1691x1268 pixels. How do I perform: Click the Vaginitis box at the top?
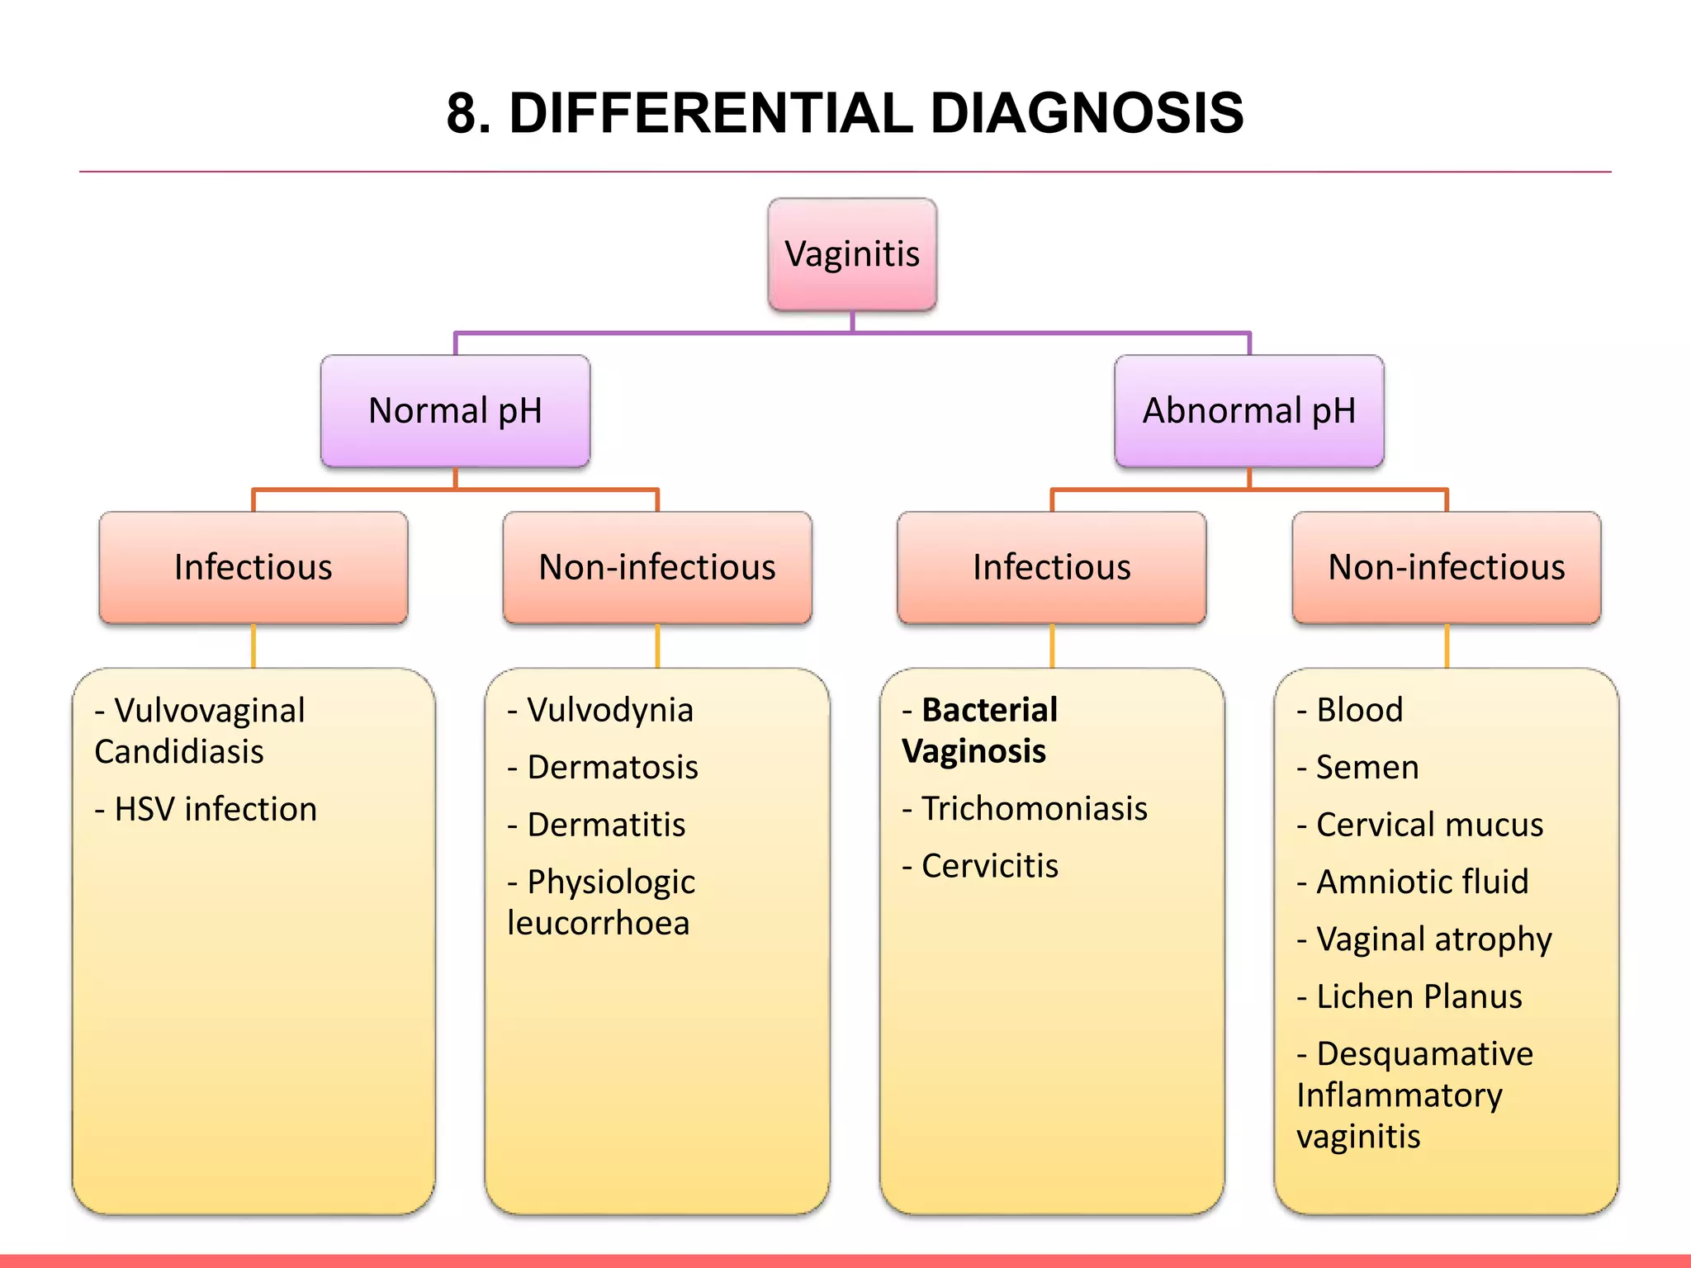tap(852, 254)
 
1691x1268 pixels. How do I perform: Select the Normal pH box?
tap(455, 411)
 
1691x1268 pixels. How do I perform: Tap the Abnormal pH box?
tap(1248, 411)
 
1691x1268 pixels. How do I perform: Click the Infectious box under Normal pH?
tap(253, 568)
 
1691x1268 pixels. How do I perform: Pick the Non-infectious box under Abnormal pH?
tap(1446, 568)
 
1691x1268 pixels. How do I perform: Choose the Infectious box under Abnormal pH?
tap(1051, 568)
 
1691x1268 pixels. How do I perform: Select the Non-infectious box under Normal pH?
tap(657, 568)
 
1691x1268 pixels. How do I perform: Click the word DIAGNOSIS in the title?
tap(1087, 113)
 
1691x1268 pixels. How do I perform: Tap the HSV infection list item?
tap(215, 810)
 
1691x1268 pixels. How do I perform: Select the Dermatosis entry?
tap(612, 768)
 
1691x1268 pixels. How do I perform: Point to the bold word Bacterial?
tap(989, 711)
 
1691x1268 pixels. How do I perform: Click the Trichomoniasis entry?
tap(1034, 809)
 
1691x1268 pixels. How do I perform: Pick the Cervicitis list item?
tap(989, 867)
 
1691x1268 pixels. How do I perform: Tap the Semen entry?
tap(1367, 768)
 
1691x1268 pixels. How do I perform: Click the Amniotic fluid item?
tap(1422, 882)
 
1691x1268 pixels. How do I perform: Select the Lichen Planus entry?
tap(1419, 997)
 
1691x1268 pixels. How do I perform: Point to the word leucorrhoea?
tap(599, 924)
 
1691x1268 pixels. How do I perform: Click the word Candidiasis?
tap(179, 752)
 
